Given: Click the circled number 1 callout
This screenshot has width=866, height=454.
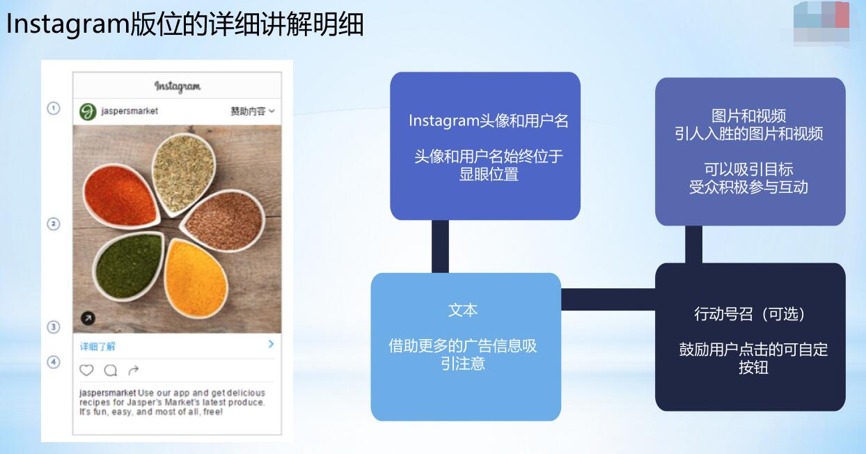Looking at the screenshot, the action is [54, 109].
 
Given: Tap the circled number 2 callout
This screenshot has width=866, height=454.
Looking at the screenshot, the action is [54, 224].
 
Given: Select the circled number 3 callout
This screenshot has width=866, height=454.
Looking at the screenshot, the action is [54, 327].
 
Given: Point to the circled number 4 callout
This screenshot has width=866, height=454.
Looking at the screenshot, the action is [54, 362].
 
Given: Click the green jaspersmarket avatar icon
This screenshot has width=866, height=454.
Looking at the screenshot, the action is [88, 112].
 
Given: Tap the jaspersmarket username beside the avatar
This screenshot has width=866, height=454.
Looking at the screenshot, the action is [129, 111].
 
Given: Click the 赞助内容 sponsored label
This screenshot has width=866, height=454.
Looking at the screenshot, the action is [248, 111].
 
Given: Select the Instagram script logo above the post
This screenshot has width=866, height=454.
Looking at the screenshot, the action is [178, 86].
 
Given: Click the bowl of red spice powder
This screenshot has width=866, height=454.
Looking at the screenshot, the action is [121, 196].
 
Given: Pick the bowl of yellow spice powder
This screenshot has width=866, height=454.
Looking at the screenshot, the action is [196, 278].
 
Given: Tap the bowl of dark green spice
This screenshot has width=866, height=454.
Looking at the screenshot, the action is [129, 266].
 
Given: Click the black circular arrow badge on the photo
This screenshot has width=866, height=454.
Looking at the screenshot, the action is [88, 318].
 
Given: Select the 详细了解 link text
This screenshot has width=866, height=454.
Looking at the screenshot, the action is [97, 347].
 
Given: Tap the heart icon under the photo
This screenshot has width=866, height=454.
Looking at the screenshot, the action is [86, 370].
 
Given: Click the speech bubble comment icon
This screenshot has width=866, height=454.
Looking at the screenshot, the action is [111, 370].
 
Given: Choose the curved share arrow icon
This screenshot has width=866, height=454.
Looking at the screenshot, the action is [134, 370].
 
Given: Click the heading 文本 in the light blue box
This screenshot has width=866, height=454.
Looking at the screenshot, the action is [463, 310].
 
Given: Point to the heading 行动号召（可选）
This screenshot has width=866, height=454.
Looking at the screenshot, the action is [749, 314].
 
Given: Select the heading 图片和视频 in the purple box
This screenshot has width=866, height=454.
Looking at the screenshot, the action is [749, 116].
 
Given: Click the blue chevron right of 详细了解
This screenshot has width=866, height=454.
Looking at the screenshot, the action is [271, 344].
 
